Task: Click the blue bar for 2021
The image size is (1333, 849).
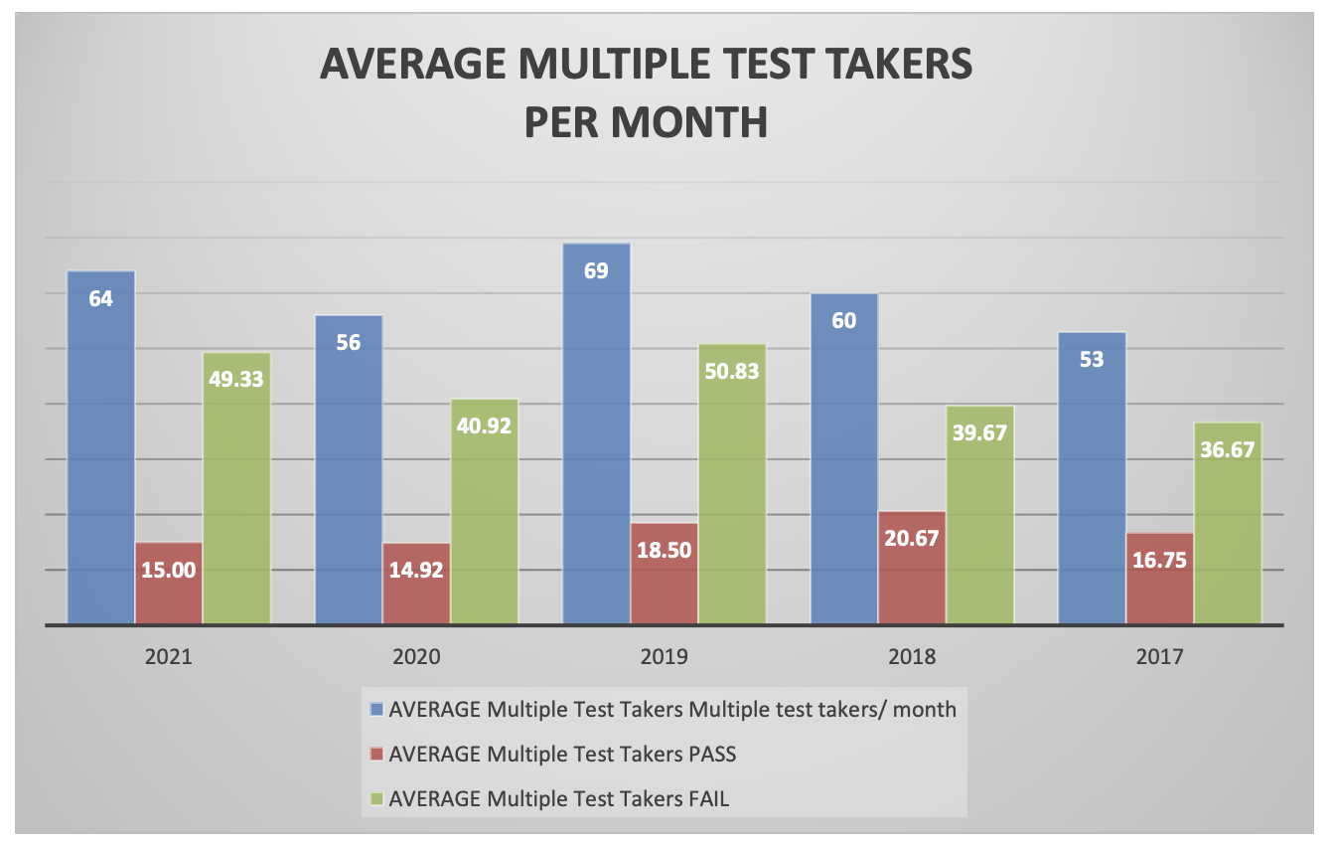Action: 100,447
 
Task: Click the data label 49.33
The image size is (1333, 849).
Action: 236,378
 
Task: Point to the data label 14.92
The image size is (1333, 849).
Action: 416,570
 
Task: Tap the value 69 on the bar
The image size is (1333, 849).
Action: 596,270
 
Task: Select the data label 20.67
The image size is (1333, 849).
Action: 912,538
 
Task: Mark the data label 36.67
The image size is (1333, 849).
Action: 1228,448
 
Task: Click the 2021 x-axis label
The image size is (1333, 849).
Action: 169,657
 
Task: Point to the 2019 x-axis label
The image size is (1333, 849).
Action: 665,657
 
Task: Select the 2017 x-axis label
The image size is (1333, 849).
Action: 1160,657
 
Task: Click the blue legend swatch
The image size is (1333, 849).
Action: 375,710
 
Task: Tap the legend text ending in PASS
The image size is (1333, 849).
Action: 562,754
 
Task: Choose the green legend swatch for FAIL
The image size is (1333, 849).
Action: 375,798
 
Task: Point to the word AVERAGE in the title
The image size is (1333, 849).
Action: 414,66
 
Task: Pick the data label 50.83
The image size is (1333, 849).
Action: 732,370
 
